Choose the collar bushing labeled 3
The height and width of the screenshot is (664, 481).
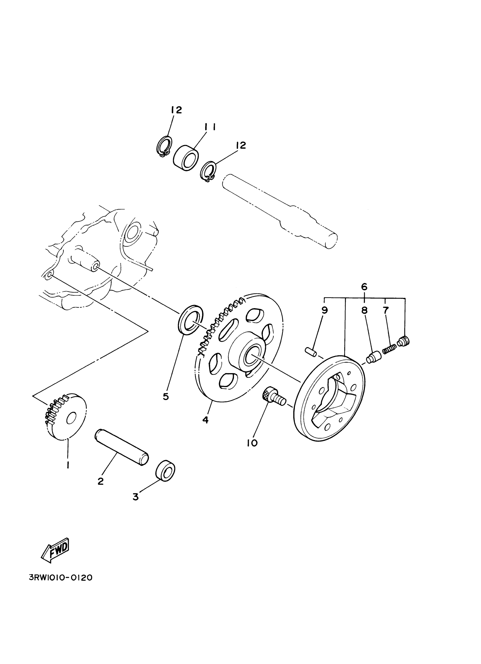coord(166,471)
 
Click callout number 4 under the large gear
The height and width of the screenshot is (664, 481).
coord(205,420)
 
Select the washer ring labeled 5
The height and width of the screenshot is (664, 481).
coord(191,319)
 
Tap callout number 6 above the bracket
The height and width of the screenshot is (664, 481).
coord(364,287)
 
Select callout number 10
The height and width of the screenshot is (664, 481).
coord(252,443)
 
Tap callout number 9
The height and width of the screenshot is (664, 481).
coord(324,310)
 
